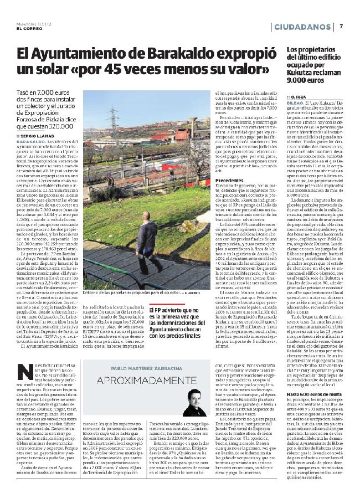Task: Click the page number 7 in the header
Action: pyautogui.click(x=342, y=25)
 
